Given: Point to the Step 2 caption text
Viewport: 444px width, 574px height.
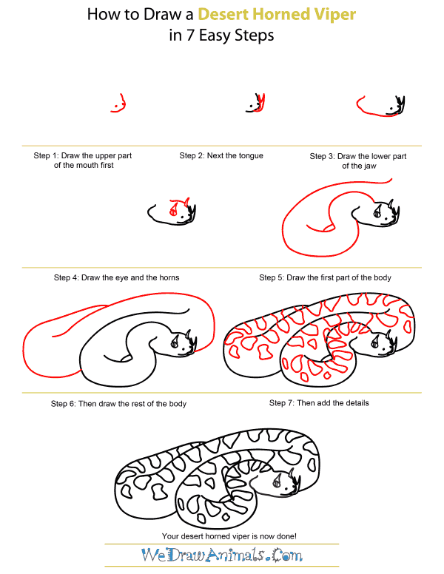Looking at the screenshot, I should (x=221, y=156).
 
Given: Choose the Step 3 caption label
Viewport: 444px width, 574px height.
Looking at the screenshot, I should (x=357, y=161).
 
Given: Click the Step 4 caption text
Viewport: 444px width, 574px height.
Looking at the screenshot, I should (x=116, y=277).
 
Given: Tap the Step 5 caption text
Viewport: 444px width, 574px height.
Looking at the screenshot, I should (x=325, y=277).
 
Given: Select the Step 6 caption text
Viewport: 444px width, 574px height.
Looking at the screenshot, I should (x=118, y=404).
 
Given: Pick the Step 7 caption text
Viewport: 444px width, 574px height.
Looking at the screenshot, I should (x=319, y=403).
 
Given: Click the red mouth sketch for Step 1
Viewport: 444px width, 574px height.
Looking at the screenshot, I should (x=118, y=104).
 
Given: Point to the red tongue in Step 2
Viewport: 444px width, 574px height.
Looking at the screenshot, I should (x=260, y=101).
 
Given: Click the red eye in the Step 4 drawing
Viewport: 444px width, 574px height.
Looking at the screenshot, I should (x=173, y=213).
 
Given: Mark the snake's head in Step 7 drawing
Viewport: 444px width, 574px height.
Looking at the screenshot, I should (x=380, y=342).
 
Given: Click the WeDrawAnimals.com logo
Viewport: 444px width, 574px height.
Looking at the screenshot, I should (x=222, y=555).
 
